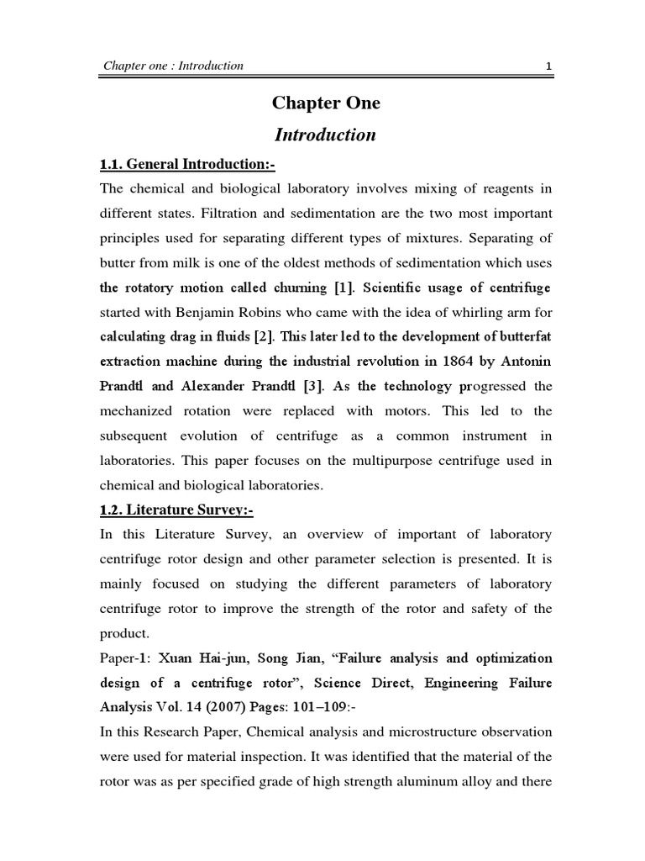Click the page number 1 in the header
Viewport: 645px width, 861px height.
coord(548,66)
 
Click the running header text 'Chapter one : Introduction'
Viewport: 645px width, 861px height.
coord(173,66)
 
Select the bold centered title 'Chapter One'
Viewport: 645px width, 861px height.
coord(326,103)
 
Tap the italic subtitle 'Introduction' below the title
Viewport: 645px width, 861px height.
coord(325,135)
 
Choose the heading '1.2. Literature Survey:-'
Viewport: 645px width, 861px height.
coord(165,509)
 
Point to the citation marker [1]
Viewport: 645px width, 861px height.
coord(344,288)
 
